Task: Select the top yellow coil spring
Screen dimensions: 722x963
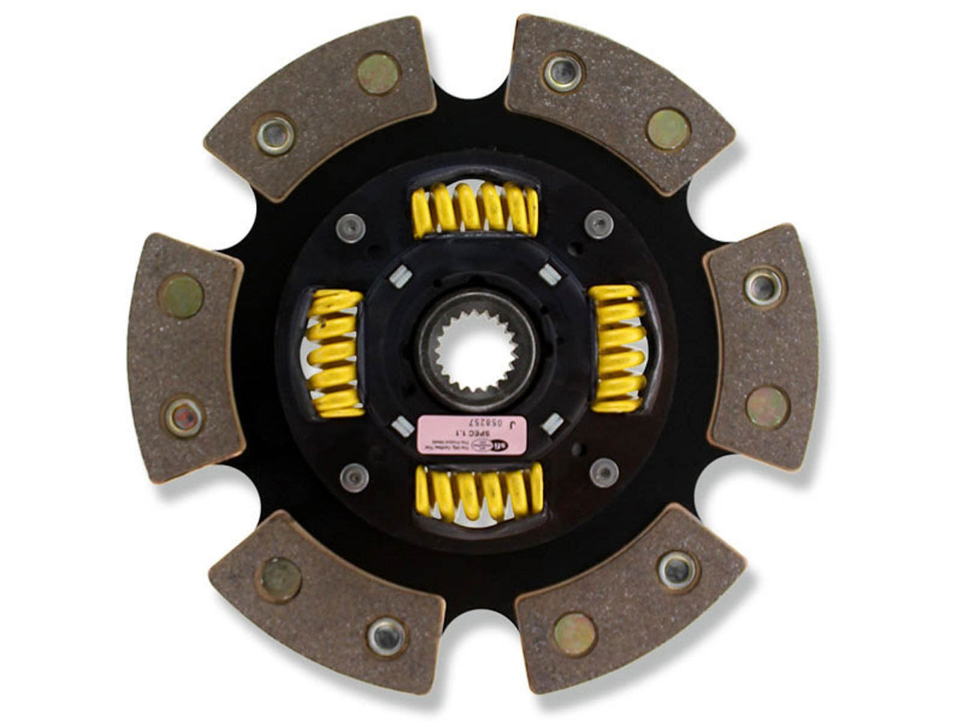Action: click(x=475, y=209)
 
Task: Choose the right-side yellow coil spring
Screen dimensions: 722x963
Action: click(x=620, y=348)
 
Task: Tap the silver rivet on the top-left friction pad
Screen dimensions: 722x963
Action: click(x=275, y=133)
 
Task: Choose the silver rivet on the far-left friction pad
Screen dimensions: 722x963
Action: click(x=185, y=417)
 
